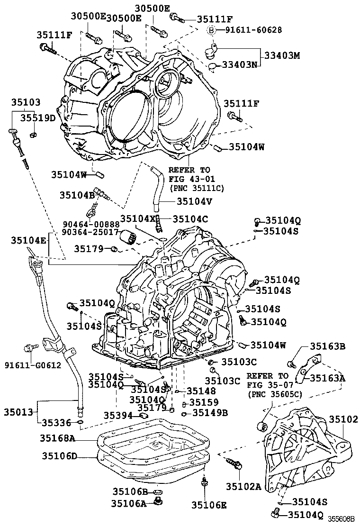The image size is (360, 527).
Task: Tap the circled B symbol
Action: pos(212,30)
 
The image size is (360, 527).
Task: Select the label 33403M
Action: pos(282,55)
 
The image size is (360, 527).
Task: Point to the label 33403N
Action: pos(237,65)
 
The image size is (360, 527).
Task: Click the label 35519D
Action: pos(40,118)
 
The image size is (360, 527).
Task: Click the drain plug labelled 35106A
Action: pos(159,502)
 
